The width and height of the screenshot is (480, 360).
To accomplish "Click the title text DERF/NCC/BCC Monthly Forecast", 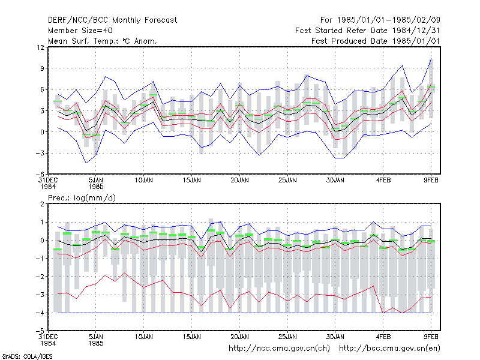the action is click(x=112, y=20).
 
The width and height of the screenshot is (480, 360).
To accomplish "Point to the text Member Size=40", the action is click(x=80, y=31).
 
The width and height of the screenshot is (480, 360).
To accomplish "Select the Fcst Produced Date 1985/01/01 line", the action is click(x=376, y=41).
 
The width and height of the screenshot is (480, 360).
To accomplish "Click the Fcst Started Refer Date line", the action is click(x=367, y=31).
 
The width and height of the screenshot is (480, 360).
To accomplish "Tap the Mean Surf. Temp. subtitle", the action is click(x=103, y=41).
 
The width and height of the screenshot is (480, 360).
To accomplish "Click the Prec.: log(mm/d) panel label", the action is click(x=82, y=198).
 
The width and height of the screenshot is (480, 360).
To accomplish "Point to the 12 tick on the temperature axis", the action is click(x=40, y=47).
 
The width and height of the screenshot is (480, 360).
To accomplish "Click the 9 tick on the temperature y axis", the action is click(x=42, y=68).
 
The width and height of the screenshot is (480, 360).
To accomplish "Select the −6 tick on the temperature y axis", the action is click(x=39, y=174).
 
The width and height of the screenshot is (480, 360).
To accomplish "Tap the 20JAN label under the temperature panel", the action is click(x=239, y=181).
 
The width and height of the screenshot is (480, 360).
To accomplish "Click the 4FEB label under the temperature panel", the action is click(x=383, y=181).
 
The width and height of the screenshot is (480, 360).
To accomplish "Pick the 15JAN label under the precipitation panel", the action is click(x=191, y=337).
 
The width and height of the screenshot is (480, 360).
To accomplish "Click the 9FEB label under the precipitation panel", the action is click(x=431, y=337).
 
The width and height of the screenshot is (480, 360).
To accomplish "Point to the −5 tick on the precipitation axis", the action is click(x=39, y=331).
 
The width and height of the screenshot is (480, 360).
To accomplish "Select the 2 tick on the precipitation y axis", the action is click(x=42, y=204).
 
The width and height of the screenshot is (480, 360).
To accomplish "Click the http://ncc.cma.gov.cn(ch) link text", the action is click(x=279, y=349).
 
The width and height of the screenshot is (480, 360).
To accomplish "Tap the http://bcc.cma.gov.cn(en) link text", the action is click(x=389, y=349).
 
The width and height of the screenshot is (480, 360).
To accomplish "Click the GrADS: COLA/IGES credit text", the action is click(x=27, y=356).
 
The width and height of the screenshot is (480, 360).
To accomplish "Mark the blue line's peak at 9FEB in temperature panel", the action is click(x=431, y=58).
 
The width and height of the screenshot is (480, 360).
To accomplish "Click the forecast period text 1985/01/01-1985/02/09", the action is click(x=388, y=20).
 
